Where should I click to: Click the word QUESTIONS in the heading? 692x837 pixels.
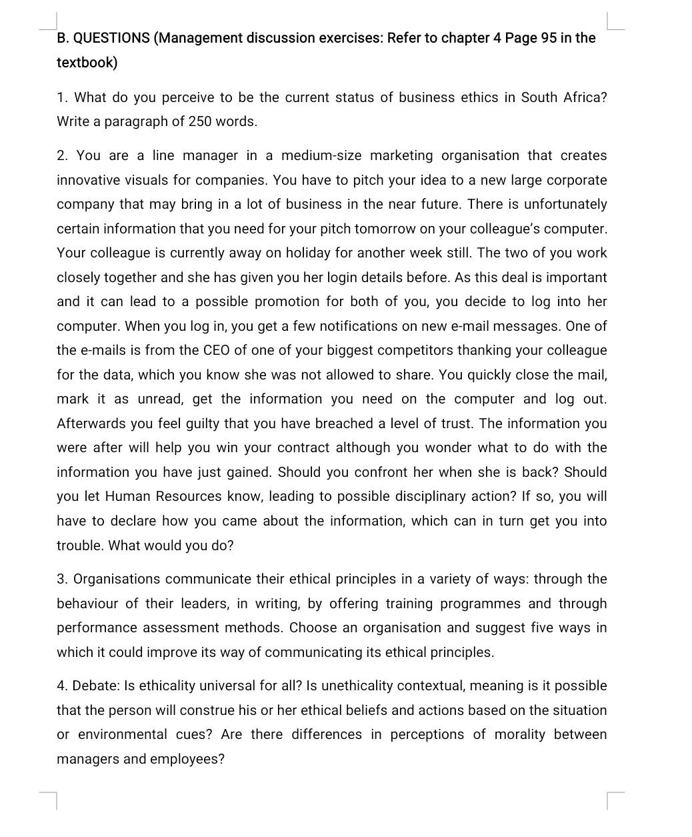[x=111, y=38]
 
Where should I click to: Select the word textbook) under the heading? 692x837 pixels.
[x=87, y=63]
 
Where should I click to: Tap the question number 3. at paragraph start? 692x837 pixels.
[x=63, y=579]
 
